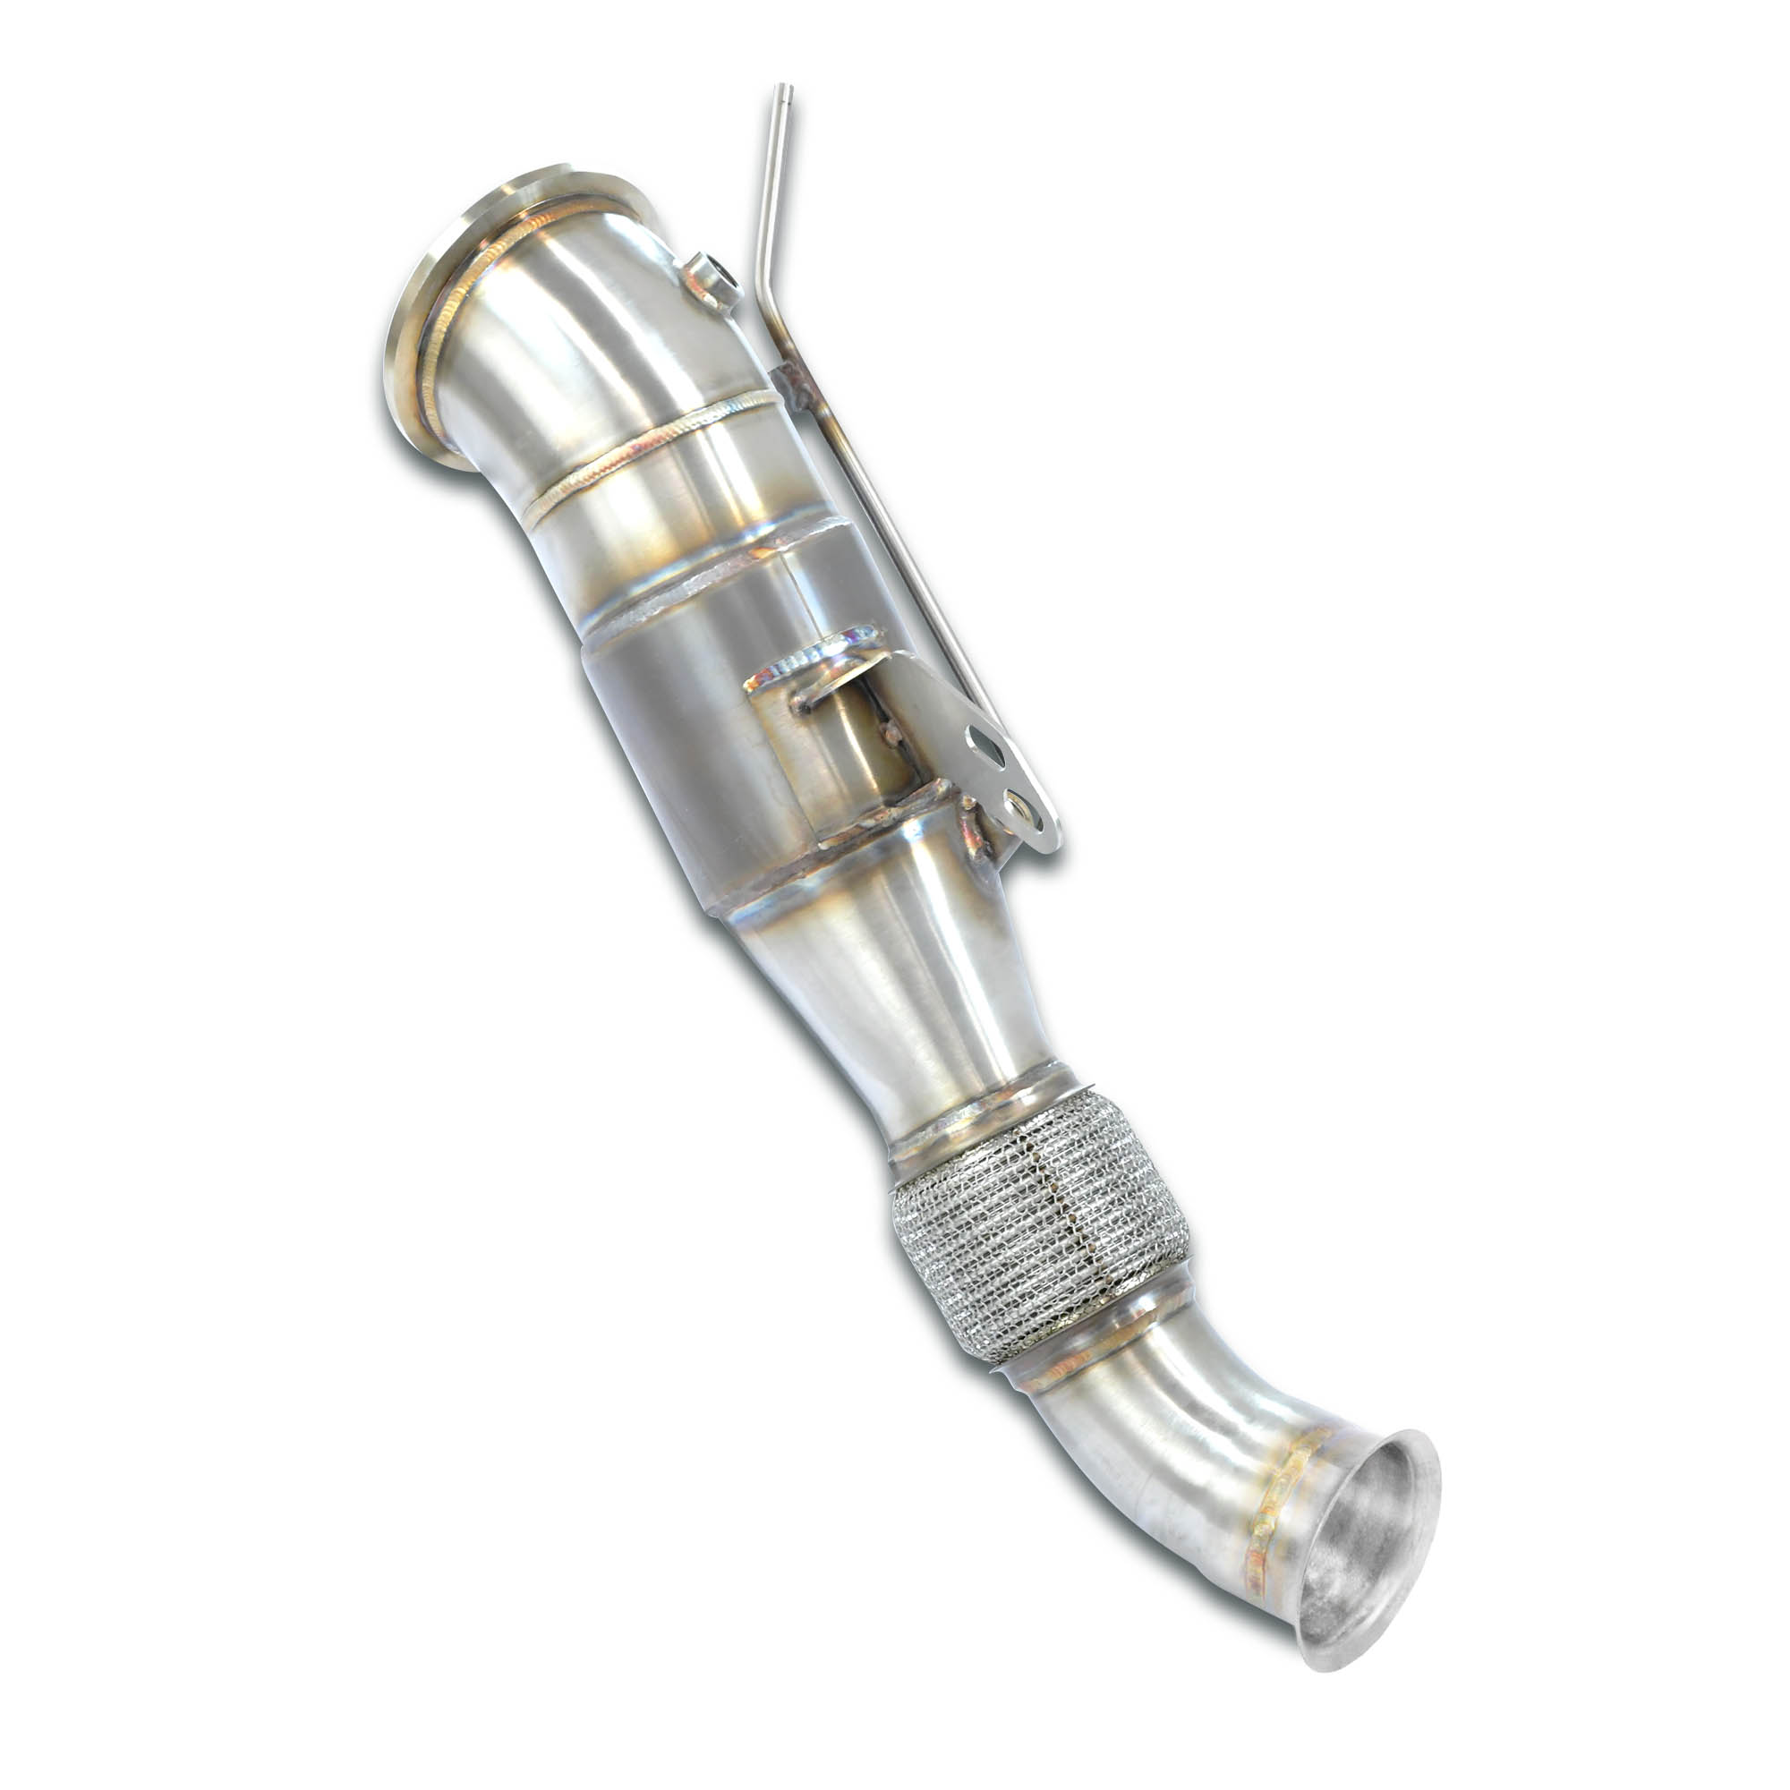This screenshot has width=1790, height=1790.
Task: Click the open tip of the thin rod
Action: pos(786,89)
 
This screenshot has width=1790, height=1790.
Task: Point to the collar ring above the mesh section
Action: pos(982,1112)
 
